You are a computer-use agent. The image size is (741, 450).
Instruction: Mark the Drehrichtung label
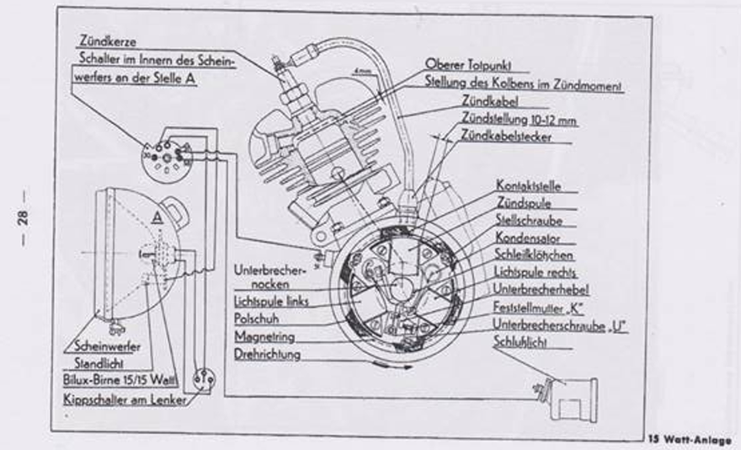[267, 355]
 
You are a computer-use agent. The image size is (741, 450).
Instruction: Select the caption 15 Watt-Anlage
[690, 439]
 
